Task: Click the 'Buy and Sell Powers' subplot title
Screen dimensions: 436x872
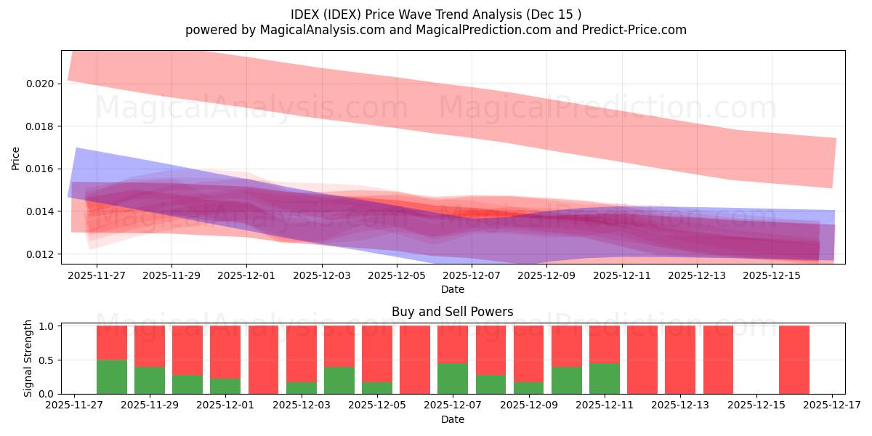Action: [x=452, y=312]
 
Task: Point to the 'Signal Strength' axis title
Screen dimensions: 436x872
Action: [x=28, y=358]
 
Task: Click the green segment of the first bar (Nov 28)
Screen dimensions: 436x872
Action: [x=112, y=376]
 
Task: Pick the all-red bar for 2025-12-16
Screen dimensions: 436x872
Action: [x=794, y=360]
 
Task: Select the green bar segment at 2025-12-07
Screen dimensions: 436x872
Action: [x=453, y=378]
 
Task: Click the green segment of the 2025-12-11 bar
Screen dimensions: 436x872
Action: [x=605, y=378]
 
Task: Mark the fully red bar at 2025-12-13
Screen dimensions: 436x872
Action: [x=680, y=360]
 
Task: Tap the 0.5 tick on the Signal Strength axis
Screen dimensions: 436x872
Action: [x=47, y=360]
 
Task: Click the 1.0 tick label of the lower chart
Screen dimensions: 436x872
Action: [x=47, y=326]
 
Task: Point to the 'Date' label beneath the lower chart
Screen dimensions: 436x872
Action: [x=452, y=419]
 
